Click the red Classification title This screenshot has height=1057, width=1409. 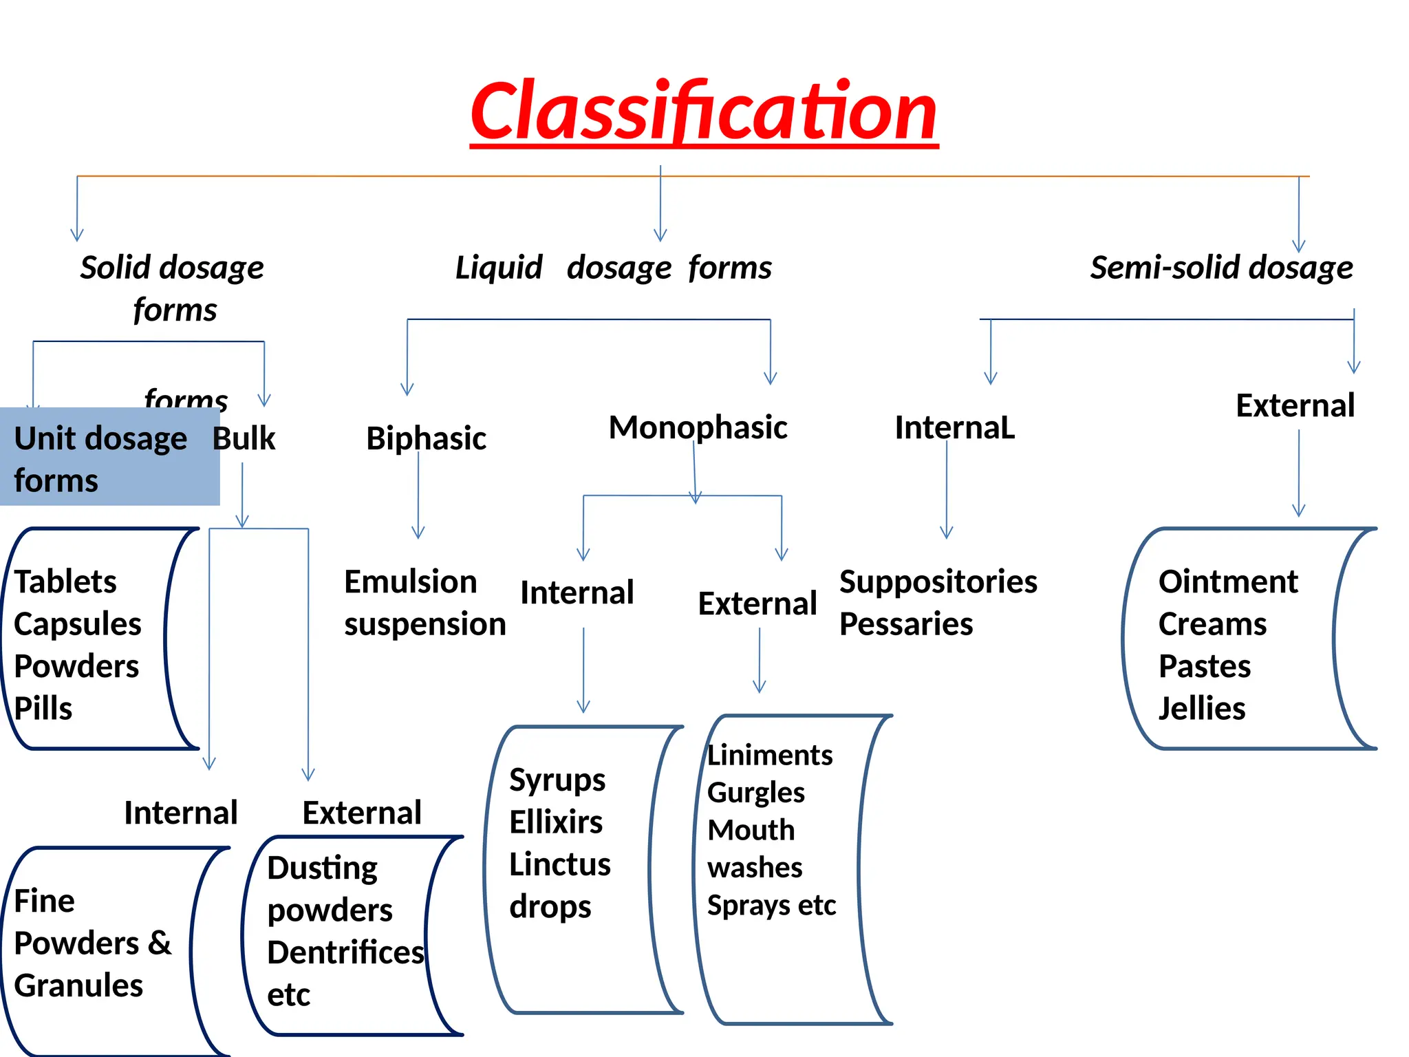click(x=703, y=111)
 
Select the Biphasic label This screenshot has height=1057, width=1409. click(x=426, y=438)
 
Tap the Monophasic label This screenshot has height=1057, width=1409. click(x=698, y=427)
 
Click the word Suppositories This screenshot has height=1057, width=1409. click(x=938, y=582)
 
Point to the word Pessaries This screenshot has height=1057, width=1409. click(x=905, y=624)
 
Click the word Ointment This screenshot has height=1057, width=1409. click(x=1227, y=582)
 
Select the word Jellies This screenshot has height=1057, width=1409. click(x=1201, y=709)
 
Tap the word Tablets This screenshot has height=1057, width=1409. click(x=65, y=582)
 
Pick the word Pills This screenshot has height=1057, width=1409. click(x=43, y=709)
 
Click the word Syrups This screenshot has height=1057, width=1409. click(x=557, y=780)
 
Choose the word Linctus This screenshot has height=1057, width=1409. click(x=559, y=864)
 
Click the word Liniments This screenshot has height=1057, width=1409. click(x=769, y=756)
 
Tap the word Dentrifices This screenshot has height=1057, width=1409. click(x=345, y=953)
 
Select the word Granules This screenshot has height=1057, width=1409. click(x=78, y=985)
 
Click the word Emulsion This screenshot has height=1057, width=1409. click(x=410, y=582)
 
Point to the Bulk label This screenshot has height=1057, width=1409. click(x=244, y=438)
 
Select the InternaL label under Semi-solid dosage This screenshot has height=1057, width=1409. click(x=954, y=428)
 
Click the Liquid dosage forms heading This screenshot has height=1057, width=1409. click(x=613, y=268)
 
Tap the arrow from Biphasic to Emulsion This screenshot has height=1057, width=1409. click(x=418, y=495)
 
